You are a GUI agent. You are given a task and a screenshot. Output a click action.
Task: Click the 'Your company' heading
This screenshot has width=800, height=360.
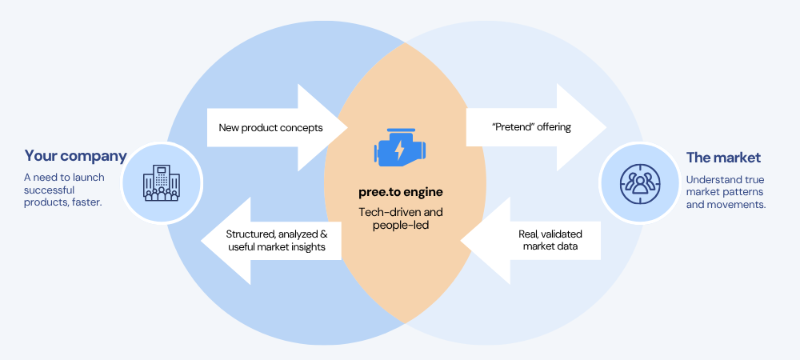pos(75,156)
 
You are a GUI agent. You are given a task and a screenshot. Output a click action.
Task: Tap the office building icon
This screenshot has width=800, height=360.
pos(160,183)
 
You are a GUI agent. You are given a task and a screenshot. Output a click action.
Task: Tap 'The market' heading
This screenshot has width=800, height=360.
pos(723,157)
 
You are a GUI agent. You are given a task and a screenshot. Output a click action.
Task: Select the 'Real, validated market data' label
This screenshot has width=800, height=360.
pos(552,240)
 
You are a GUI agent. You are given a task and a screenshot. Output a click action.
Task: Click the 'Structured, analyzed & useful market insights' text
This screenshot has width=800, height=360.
pos(276,240)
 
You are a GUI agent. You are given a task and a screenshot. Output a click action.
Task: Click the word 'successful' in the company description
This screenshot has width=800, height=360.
pos(49,190)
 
